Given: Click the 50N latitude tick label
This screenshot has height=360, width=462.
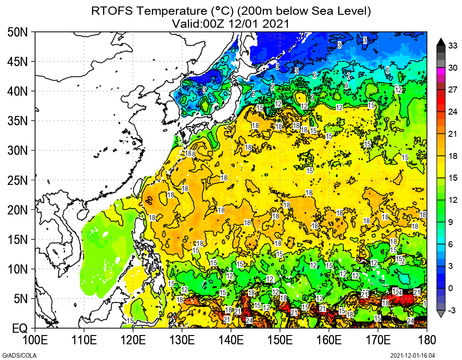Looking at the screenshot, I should [18, 32].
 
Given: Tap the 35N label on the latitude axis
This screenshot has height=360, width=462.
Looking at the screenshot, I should [18, 121].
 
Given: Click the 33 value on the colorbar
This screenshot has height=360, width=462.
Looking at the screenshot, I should [453, 45].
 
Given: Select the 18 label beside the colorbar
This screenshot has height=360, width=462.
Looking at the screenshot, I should [453, 156].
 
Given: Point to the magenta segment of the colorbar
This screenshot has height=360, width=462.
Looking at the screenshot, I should [441, 71].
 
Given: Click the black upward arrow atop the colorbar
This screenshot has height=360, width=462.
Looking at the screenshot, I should [441, 41].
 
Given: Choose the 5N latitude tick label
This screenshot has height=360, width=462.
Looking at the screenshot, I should [21, 299].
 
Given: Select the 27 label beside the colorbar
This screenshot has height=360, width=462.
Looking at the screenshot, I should [453, 90].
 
